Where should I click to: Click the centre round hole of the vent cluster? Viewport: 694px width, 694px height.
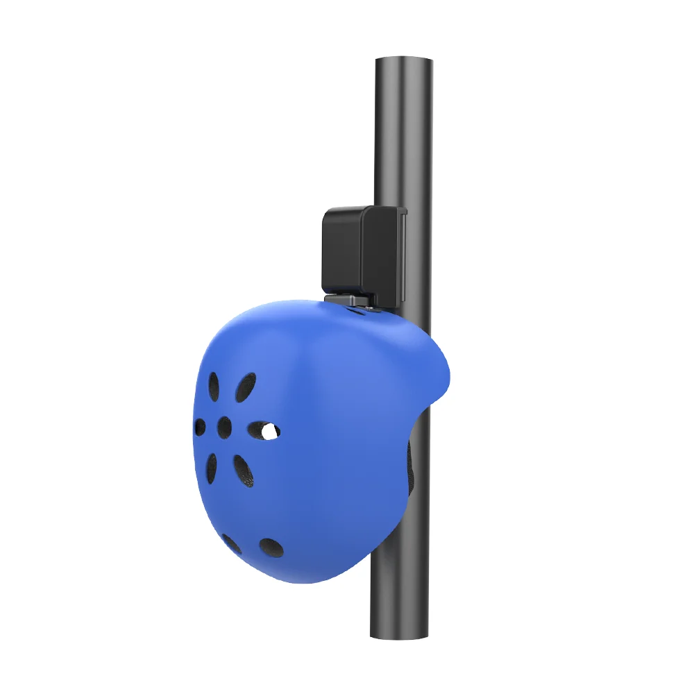coord(224,428)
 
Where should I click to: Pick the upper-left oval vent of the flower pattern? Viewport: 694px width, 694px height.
coord(214,386)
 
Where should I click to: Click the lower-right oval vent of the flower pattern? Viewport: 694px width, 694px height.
coord(242,469)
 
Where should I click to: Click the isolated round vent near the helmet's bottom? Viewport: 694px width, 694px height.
coord(271,548)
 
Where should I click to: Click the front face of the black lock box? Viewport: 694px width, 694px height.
coord(344,250)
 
